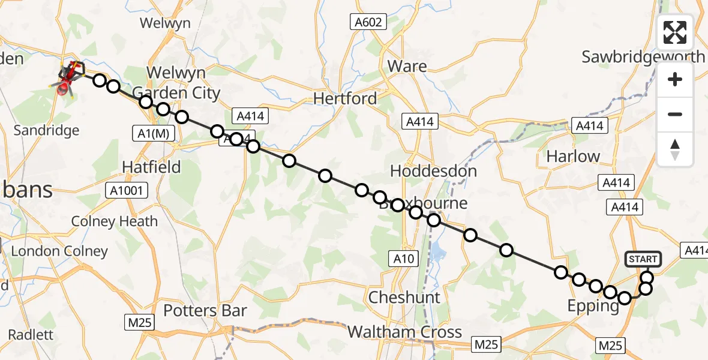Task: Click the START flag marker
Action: click(643, 259)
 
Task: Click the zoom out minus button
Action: click(675, 114)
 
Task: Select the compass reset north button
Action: click(675, 149)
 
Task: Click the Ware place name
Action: click(407, 66)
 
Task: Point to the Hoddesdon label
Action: click(433, 171)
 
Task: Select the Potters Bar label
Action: click(206, 310)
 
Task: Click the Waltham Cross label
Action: click(404, 332)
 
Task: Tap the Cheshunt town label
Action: click(404, 297)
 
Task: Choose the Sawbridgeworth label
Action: click(643, 57)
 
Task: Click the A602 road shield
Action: click(366, 22)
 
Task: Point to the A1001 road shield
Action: click(125, 191)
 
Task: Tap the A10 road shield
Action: click(403, 259)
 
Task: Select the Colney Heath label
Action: click(115, 221)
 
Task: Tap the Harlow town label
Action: click(573, 157)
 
